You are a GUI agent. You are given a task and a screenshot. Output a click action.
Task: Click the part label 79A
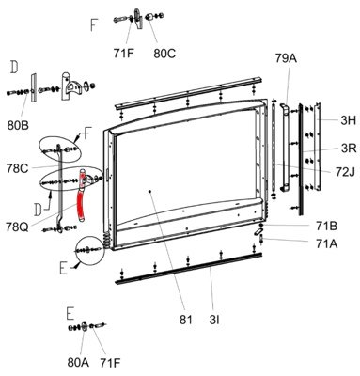tap(286, 58)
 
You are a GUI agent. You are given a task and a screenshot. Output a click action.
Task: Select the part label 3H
tap(349, 120)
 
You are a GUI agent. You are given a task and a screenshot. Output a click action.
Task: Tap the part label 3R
tap(349, 148)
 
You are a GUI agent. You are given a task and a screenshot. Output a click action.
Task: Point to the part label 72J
tap(345, 172)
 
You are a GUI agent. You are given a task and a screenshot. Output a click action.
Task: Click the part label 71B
tap(327, 226)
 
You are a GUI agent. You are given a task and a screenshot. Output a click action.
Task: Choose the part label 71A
tap(327, 243)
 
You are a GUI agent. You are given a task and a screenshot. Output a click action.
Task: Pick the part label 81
tap(185, 320)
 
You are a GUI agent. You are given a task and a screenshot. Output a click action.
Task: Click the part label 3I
tap(214, 320)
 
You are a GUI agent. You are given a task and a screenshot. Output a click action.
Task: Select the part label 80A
tap(78, 363)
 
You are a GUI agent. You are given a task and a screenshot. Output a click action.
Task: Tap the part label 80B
tap(18, 125)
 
